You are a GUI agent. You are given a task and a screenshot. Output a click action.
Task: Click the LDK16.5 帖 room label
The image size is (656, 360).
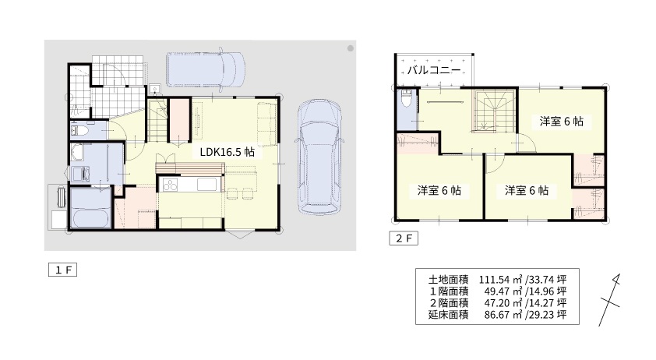[227, 152]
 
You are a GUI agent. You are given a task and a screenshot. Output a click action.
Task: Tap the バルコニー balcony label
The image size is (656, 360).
[434, 70]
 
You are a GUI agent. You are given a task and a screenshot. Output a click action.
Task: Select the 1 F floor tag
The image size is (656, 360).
[63, 270]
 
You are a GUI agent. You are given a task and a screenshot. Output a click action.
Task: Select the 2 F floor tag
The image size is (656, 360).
[404, 238]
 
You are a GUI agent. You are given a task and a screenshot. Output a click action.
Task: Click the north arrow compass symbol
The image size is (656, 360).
[610, 300]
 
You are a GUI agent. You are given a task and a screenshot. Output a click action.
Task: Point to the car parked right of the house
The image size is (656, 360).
[319, 157]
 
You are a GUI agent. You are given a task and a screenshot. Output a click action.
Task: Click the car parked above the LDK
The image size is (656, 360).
[206, 69]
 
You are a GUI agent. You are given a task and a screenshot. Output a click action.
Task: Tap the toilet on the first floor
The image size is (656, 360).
[79, 131]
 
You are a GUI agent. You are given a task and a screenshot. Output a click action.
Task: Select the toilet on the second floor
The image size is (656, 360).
[407, 98]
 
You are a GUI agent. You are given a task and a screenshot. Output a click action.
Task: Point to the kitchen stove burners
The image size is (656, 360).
[171, 184]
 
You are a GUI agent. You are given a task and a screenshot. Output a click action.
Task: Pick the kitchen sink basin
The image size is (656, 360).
[206, 184]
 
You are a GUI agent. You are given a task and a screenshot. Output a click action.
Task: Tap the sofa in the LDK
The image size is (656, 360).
[267, 125]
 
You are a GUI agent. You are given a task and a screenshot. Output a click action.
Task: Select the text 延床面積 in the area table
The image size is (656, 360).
[448, 314]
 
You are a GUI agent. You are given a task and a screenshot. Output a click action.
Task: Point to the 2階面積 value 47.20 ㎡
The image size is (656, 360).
[503, 302]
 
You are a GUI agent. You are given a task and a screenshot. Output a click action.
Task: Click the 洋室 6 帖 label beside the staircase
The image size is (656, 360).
[561, 122]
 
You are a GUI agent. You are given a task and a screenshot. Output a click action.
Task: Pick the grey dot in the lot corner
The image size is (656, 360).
[351, 48]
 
